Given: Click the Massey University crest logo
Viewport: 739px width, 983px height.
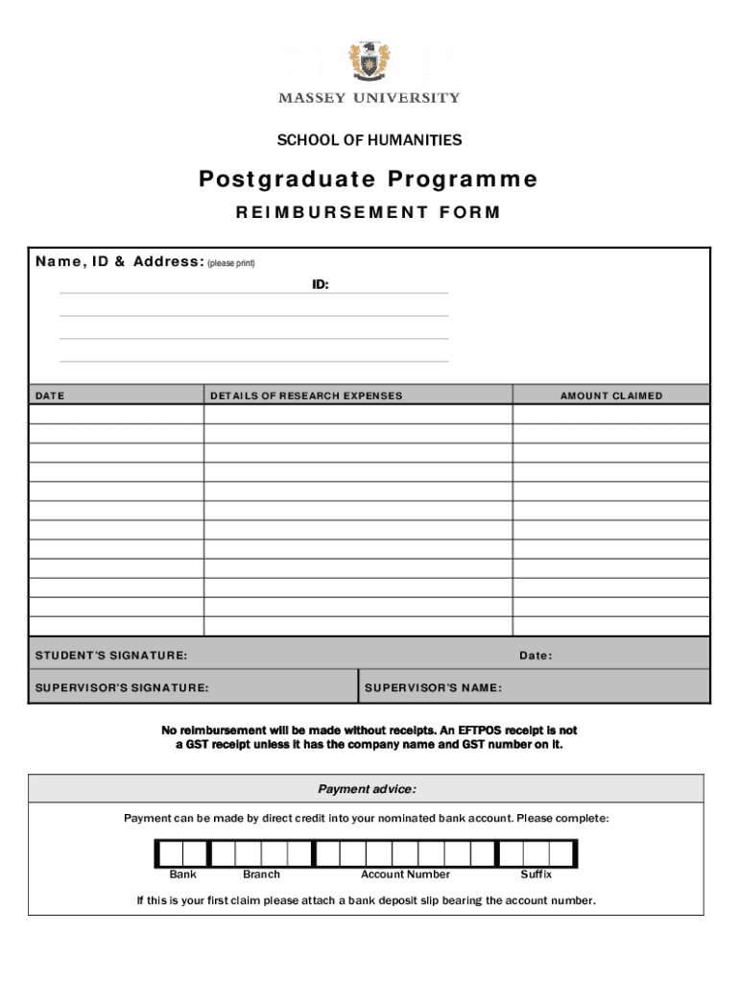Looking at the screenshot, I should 369,63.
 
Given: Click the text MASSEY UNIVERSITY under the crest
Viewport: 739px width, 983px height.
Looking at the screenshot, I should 369,98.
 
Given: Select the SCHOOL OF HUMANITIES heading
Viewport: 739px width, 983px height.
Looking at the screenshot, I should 369,141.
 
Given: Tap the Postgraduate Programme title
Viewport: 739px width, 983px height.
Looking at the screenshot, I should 369,180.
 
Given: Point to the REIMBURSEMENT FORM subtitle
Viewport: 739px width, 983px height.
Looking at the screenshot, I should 369,213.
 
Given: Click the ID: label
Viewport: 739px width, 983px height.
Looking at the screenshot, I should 320,285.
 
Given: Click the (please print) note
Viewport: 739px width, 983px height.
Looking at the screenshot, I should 231,263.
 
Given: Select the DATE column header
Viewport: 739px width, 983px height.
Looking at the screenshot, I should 50,396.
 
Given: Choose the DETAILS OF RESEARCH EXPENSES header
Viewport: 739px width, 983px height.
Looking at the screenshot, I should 306,396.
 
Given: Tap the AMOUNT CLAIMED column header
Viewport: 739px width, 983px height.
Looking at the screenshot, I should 611,396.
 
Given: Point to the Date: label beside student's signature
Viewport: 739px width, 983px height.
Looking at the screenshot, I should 536,657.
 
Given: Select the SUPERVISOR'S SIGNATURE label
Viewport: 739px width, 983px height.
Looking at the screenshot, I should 122,688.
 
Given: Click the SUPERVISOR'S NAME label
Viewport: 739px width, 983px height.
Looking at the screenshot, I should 433,688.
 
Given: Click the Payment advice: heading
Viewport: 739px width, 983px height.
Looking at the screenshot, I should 367,789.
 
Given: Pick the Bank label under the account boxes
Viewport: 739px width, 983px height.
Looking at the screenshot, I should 183,875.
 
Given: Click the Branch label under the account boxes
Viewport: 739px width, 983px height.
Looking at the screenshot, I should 261,875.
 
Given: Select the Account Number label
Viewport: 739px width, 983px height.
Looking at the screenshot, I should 405,875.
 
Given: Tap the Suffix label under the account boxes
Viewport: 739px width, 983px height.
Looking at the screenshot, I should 536,875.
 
